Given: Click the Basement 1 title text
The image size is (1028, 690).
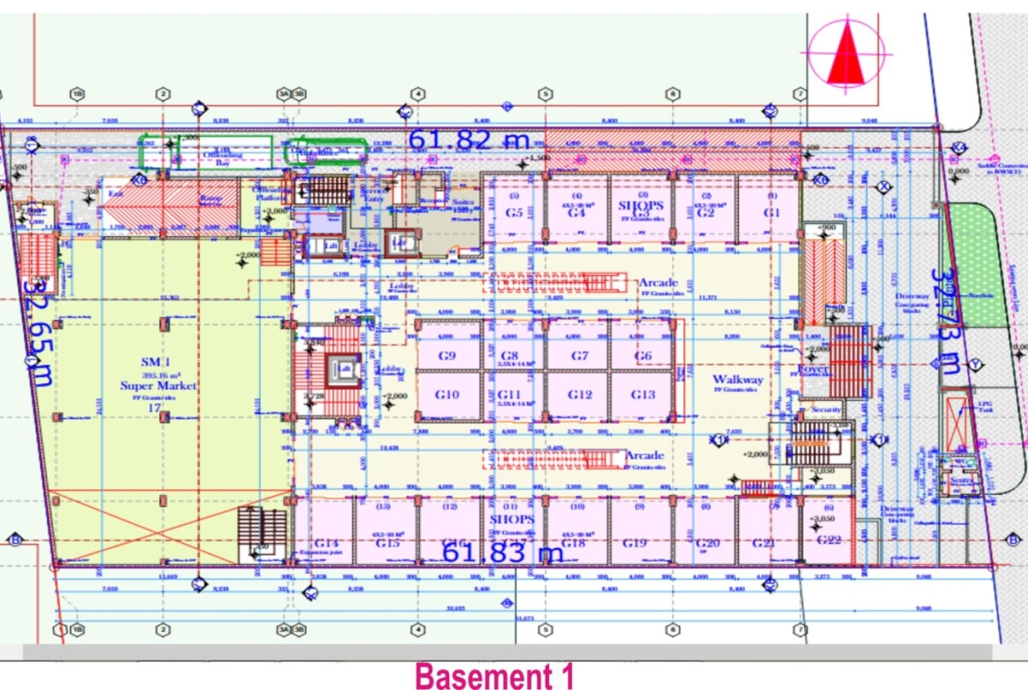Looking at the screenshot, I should [x=495, y=677].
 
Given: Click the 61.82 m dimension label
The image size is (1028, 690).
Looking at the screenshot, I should [x=468, y=139].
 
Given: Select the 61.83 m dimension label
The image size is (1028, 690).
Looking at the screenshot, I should [x=502, y=552].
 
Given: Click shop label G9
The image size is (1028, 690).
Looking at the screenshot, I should [x=448, y=356].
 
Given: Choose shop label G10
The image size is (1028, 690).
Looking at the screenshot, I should [x=446, y=395].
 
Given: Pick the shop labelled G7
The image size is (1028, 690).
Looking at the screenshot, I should [x=579, y=356].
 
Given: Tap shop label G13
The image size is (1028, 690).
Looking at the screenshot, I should [x=643, y=395].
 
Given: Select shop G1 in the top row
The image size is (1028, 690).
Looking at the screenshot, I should [x=771, y=213].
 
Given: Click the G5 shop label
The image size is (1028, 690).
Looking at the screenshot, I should [x=515, y=213].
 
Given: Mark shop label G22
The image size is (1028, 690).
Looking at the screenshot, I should [x=829, y=540].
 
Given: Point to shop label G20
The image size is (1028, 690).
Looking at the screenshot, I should [x=707, y=543].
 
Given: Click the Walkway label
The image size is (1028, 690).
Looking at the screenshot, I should [x=738, y=380].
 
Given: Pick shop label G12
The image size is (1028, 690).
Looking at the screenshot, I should [x=580, y=395].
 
